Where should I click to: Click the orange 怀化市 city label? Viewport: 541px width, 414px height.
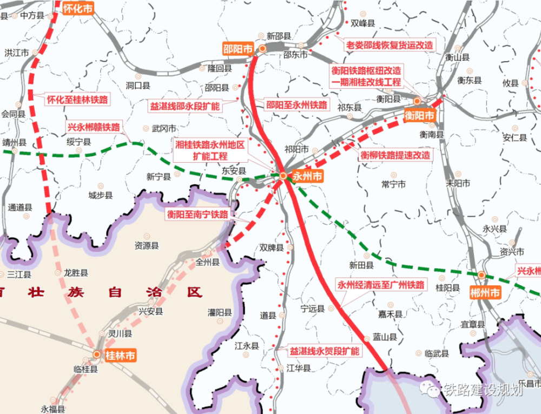pyautogui.click(x=78, y=9)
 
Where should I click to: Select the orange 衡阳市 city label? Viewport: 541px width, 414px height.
pyautogui.click(x=419, y=115)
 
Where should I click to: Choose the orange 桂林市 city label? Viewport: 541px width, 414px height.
pyautogui.click(x=120, y=355)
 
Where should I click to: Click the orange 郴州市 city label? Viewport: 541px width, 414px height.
pyautogui.click(x=486, y=292)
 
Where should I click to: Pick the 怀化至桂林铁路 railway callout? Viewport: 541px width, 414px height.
pyautogui.click(x=77, y=99)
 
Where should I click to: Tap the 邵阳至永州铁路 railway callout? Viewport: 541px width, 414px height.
pyautogui.click(x=296, y=105)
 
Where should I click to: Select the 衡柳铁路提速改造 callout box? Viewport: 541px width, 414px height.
pyautogui.click(x=396, y=155)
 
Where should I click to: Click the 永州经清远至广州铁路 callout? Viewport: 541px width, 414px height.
pyautogui.click(x=381, y=285)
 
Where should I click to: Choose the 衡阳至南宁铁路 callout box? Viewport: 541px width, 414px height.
pyautogui.click(x=197, y=213)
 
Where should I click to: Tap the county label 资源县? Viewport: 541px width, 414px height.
pyautogui.click(x=147, y=246)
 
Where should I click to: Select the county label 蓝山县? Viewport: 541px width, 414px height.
pyautogui.click(x=385, y=337)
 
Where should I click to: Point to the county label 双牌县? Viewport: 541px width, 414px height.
pyautogui.click(x=271, y=248)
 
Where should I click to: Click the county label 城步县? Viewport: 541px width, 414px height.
pyautogui.click(x=101, y=195)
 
